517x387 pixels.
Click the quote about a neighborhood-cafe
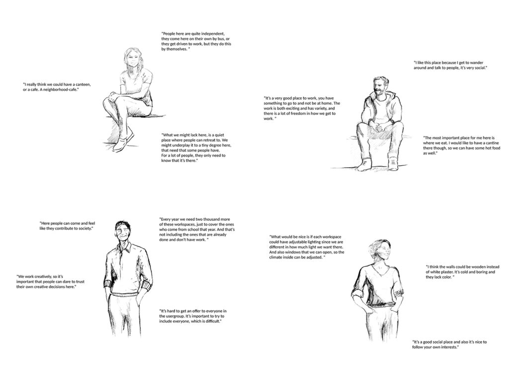(57, 87)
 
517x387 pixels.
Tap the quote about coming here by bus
(196, 41)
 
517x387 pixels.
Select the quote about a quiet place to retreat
(196, 148)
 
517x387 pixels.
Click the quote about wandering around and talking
(450, 65)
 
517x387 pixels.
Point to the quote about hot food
(462, 145)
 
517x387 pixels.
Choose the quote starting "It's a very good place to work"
(302, 108)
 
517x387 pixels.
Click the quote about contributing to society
(67, 226)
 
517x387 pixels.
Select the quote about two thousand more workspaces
(197, 229)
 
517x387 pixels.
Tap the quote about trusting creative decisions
(50, 282)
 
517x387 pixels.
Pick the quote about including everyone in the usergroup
(193, 316)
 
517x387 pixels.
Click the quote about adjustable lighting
(307, 247)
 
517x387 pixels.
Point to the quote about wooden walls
(462, 272)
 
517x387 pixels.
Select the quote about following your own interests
(449, 344)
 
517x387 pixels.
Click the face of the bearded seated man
(381, 87)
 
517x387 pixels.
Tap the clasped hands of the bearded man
(380, 126)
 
